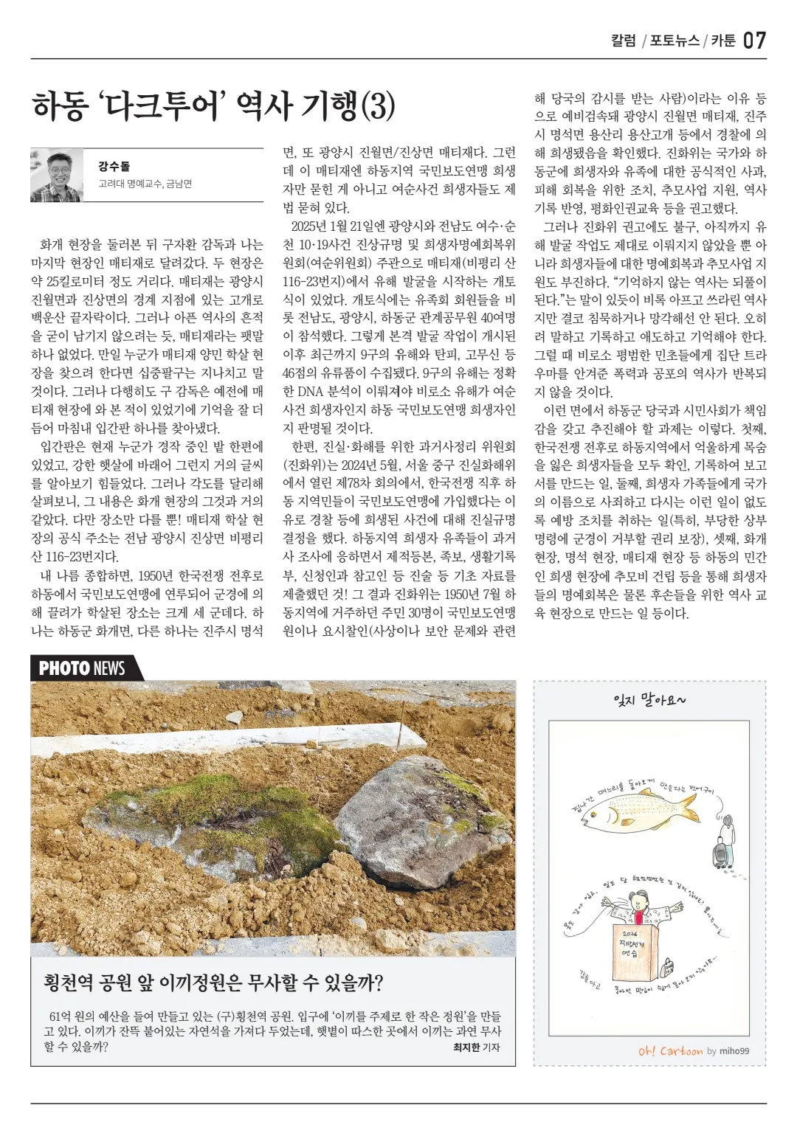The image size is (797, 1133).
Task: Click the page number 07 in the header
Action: tap(754, 41)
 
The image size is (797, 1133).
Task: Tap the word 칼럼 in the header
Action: tap(624, 41)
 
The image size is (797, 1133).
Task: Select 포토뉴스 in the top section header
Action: tap(674, 41)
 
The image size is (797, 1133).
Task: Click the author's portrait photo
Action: tap(56, 176)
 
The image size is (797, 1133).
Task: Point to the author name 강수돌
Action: tap(114, 167)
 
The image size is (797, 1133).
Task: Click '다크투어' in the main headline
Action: tap(160, 106)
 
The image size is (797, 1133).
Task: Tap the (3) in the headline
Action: tap(378, 106)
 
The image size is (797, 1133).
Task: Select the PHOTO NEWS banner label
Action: tap(82, 668)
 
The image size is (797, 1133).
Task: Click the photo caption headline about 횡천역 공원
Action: tap(213, 983)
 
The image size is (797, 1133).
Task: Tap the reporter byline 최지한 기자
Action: tap(476, 1047)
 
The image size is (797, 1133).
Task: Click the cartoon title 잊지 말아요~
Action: tap(649, 699)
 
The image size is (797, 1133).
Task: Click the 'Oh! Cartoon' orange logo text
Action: tap(670, 1050)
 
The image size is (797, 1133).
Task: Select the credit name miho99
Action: tap(734, 1051)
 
